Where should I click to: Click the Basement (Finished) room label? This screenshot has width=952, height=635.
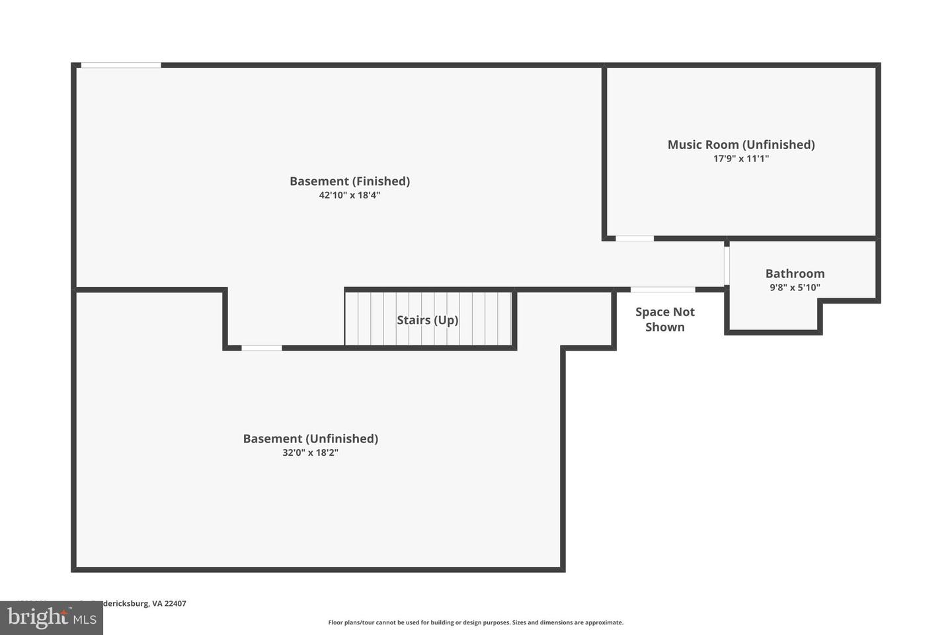pos(350,181)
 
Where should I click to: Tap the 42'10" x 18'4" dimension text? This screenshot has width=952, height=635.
pos(350,195)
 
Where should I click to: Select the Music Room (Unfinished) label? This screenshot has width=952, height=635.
pos(740,144)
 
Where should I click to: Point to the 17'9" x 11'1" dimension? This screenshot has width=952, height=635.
pos(740,159)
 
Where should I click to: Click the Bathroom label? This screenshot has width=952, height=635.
pos(795,273)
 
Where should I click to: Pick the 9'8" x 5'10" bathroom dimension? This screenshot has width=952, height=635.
pos(795,288)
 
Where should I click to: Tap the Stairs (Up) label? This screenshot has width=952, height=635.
pos(427,320)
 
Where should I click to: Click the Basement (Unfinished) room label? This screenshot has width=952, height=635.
pos(310,439)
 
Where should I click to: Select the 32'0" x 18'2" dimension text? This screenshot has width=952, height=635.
pos(310,453)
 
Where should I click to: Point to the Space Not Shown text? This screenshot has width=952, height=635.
pos(665,319)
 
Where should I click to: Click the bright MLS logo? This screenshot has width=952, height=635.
pos(52,618)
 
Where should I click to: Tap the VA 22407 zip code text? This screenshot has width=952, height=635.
pos(169,603)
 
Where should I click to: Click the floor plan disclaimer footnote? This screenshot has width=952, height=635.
pos(475,622)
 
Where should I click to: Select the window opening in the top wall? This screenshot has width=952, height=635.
pos(121,65)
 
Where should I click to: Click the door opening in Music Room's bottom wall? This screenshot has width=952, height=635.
pos(635,238)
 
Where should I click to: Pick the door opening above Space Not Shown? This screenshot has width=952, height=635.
pos(662,290)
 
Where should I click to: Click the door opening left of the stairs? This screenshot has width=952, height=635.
pos(261,348)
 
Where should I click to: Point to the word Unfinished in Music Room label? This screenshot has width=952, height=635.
pos(779,144)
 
